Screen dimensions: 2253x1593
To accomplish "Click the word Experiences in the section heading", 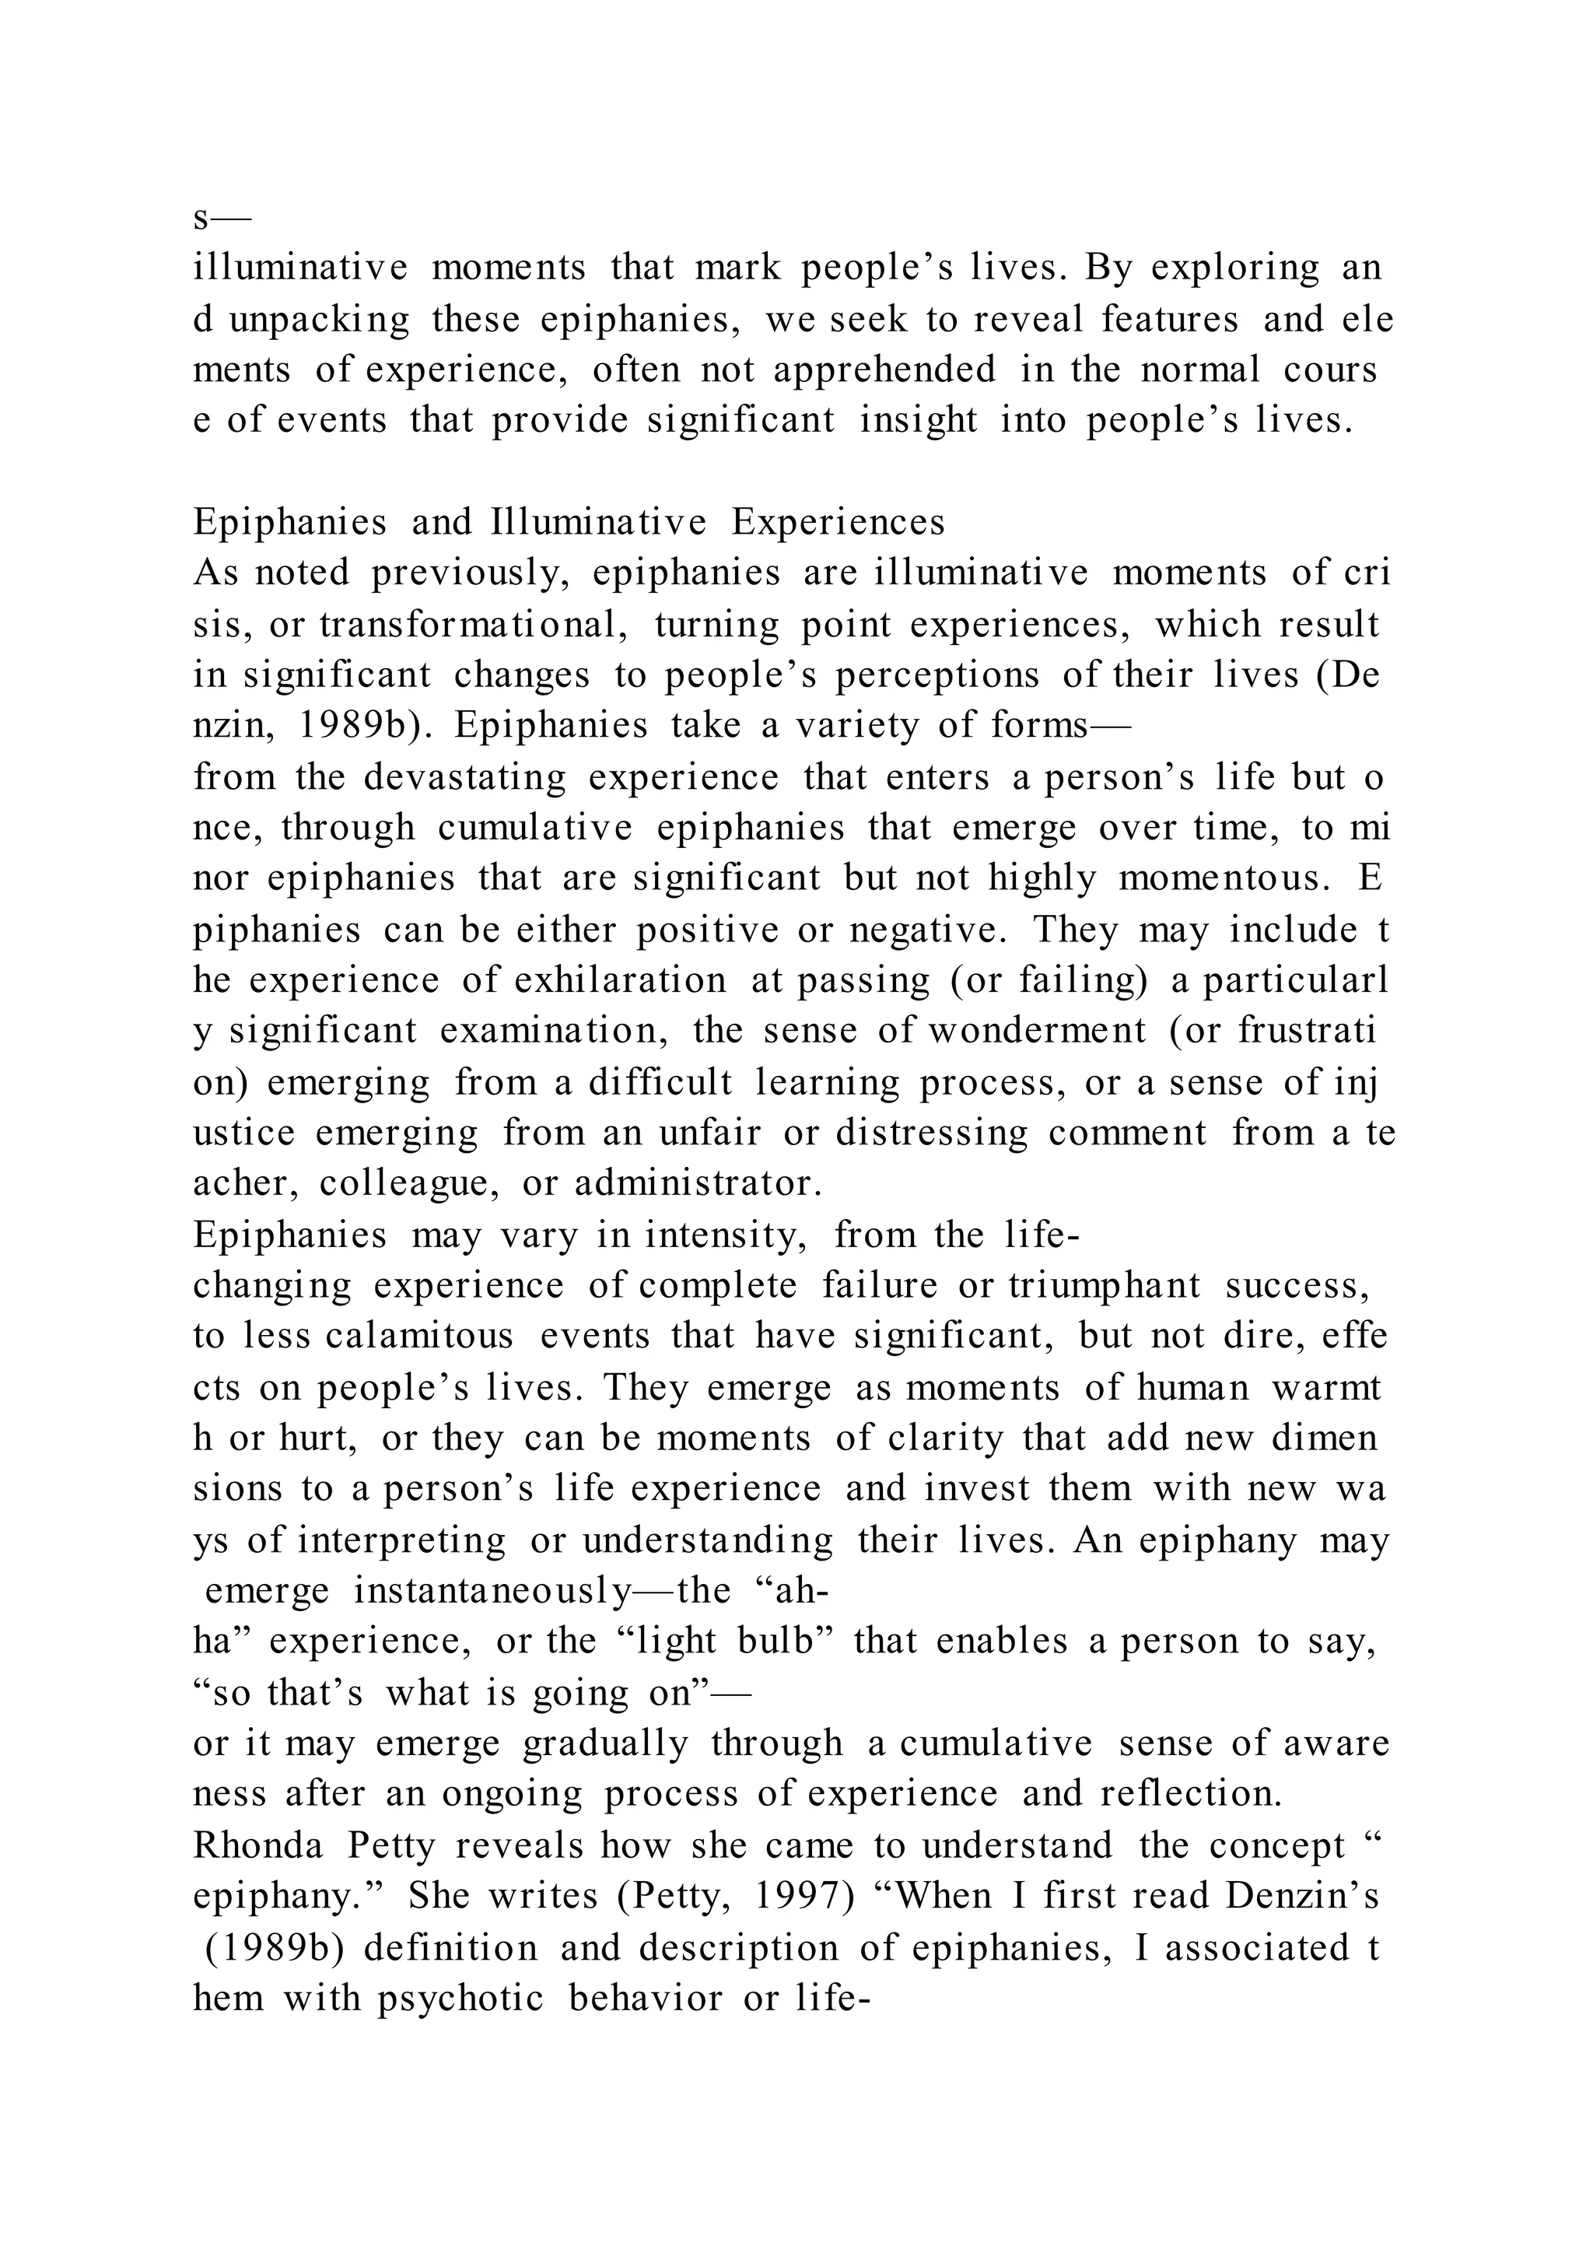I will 838,523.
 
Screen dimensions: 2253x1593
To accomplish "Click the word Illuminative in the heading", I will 597,523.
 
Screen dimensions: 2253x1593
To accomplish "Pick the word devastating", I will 465,777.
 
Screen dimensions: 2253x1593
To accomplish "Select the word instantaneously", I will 492,1591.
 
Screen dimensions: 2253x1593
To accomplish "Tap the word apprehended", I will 884,370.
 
